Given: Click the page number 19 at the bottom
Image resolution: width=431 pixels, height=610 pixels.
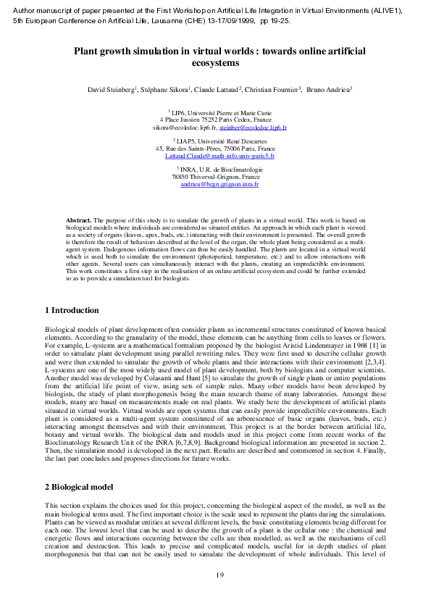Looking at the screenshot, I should point(220,575).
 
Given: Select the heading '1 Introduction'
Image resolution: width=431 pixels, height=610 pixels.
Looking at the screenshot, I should point(72,310).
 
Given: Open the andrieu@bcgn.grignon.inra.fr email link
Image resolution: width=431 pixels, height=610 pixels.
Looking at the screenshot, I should point(219,185).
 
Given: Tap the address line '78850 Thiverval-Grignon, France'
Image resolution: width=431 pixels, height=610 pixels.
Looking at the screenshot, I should point(215,177).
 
